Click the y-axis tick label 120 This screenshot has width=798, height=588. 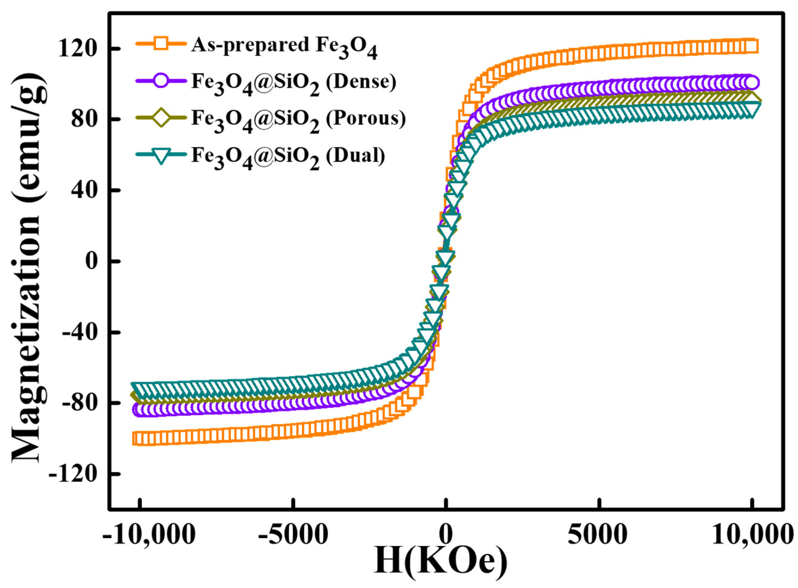(77, 49)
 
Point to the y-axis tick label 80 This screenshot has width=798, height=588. (84, 120)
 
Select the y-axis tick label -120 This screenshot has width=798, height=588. (74, 474)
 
